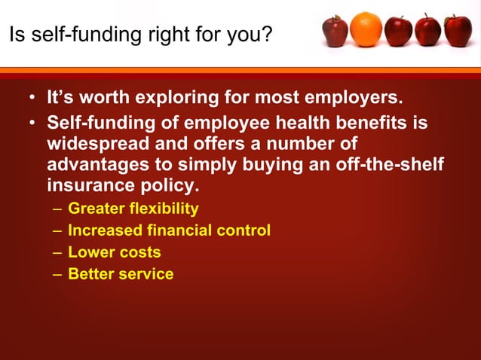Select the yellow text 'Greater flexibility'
pos(133,209)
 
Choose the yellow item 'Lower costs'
pos(114,252)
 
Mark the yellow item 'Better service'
pos(121,274)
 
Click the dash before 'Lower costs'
pos(58,253)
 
